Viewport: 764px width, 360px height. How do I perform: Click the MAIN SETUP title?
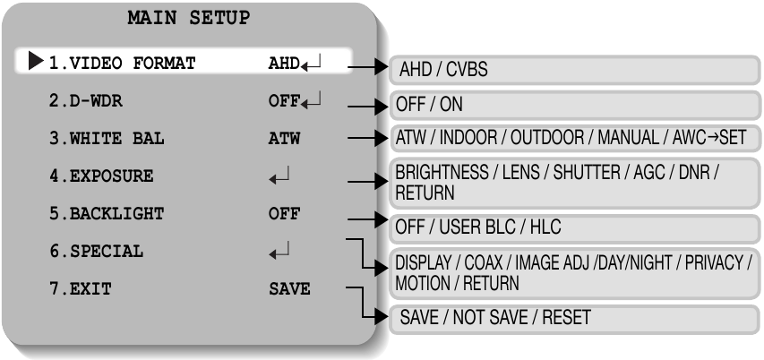tap(189, 19)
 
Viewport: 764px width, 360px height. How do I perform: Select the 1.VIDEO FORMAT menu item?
tap(123, 63)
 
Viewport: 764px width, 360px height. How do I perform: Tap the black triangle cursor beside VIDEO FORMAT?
tap(36, 61)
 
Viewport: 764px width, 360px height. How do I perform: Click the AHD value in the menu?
tap(284, 64)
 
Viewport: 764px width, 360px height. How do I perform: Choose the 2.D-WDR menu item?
tap(86, 101)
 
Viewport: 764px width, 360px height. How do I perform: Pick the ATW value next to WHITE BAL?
tap(284, 139)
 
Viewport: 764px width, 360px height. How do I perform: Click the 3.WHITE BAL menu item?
tap(107, 139)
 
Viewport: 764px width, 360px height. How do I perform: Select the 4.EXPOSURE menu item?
tap(101, 176)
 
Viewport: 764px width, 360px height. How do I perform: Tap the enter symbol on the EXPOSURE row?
tap(279, 176)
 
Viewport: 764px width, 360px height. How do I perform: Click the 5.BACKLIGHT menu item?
tap(107, 213)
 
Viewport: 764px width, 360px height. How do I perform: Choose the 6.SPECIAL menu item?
tap(97, 252)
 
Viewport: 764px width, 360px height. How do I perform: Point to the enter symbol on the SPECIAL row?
tap(279, 251)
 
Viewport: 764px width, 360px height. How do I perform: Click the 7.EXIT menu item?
tap(81, 289)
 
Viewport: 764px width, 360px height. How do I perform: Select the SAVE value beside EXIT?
tap(289, 289)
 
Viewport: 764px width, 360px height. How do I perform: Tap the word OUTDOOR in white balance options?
tap(545, 138)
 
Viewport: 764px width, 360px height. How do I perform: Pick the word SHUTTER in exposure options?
tap(587, 173)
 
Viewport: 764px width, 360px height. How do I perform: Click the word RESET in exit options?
tap(567, 318)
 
